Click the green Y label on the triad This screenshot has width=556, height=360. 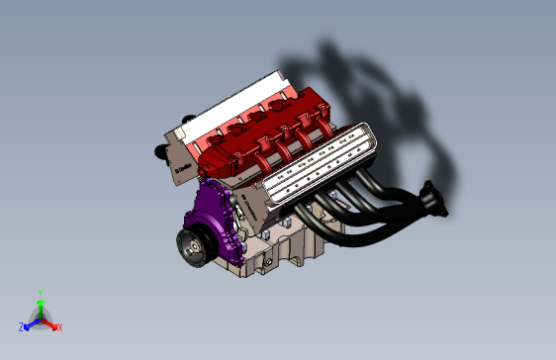[40, 293]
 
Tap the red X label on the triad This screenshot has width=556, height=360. [59, 326]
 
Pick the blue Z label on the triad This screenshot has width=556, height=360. [21, 326]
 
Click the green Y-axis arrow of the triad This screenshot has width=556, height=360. [40, 307]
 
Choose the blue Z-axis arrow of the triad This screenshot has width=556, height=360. [31, 322]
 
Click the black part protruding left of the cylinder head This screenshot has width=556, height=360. [158, 151]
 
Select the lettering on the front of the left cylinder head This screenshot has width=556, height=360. [182, 168]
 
